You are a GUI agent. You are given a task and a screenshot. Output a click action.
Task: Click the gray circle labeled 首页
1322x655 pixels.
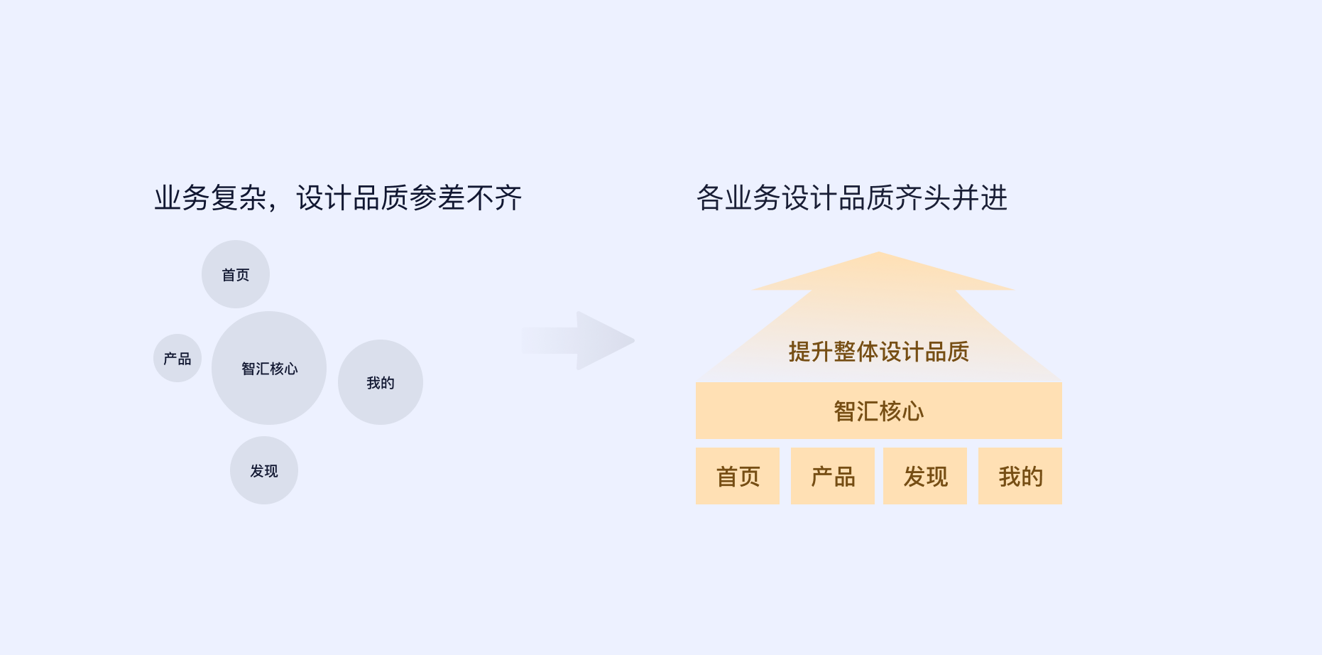236,274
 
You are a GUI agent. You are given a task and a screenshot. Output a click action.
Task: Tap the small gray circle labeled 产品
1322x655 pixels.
177,358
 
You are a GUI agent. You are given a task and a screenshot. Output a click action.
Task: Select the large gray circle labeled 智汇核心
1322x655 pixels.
269,368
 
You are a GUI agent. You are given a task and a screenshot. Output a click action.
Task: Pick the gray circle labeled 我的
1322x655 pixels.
381,382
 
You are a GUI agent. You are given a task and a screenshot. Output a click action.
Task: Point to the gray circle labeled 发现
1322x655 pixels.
264,470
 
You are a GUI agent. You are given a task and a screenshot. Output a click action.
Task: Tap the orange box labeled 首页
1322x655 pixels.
738,476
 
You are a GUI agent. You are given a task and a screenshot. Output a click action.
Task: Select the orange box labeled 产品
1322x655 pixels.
833,476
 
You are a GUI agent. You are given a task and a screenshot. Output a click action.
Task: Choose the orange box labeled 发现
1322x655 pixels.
925,476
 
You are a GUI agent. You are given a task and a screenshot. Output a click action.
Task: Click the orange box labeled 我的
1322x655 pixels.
1020,476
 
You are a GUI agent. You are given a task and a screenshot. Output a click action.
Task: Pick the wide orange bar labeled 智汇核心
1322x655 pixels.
879,411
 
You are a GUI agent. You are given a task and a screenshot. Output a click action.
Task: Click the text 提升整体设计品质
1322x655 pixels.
879,352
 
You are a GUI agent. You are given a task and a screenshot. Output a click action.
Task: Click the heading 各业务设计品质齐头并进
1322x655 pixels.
852,198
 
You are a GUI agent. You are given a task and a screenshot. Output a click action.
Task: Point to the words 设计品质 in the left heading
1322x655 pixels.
352,198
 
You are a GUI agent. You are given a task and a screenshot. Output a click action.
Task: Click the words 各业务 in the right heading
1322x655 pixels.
738,198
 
